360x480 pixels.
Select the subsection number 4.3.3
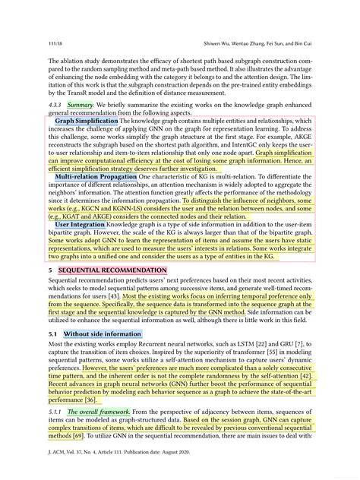(55, 103)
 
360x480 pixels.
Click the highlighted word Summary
(80, 103)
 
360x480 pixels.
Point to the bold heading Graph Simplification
(86, 120)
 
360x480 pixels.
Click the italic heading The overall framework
(98, 412)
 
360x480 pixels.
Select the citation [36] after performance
(90, 399)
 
